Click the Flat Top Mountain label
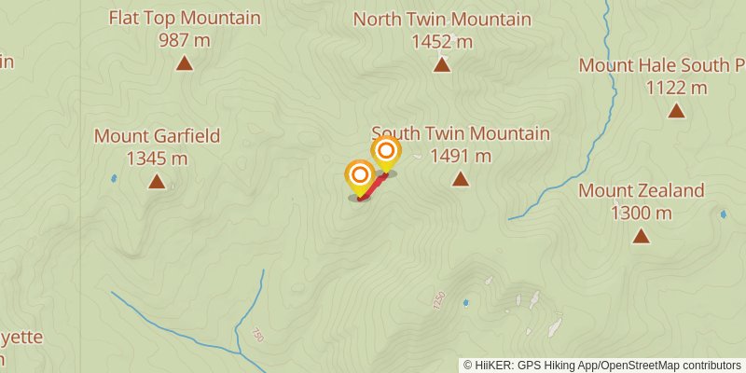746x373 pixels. point(185,18)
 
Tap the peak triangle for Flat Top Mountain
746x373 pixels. point(185,64)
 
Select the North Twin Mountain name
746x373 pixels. point(442,20)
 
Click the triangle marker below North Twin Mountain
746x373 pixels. point(442,64)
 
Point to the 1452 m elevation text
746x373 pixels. point(442,42)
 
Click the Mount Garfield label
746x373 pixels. point(157,136)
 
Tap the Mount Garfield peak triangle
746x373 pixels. point(157,182)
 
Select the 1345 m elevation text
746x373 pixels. point(157,159)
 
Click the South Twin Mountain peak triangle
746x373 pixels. point(461,179)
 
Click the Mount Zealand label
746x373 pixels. point(642,190)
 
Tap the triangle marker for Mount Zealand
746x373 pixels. point(642,236)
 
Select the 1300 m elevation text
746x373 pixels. point(642,213)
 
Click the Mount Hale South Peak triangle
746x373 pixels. point(676,111)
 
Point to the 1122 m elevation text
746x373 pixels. point(676,88)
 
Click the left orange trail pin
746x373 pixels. point(360,175)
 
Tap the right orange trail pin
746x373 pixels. point(386,150)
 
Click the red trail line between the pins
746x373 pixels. point(372,186)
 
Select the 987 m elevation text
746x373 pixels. point(185,41)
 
